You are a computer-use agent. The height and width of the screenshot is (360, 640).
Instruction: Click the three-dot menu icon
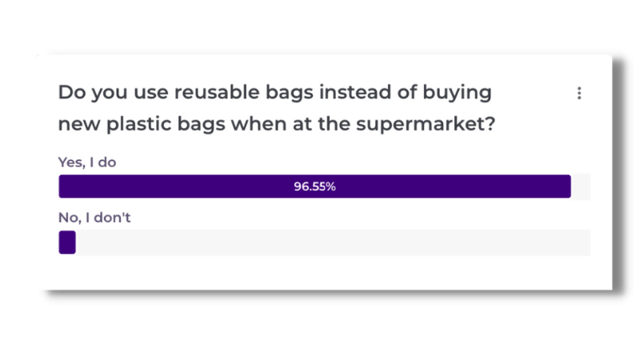(579, 93)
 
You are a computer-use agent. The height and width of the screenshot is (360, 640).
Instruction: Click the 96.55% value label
(314, 186)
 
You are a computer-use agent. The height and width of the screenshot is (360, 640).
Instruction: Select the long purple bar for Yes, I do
(314, 186)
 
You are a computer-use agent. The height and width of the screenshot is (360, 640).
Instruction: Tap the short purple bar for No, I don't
(67, 242)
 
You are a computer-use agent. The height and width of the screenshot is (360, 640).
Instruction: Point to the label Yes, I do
(87, 162)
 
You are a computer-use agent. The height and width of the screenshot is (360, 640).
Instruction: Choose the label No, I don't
(94, 218)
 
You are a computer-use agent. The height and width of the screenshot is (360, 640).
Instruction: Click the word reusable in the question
(217, 92)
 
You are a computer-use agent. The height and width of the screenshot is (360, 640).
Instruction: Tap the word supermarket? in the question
(426, 124)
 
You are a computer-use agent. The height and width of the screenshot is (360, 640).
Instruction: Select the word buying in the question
(457, 93)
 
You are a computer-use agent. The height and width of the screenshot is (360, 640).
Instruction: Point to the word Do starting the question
(72, 92)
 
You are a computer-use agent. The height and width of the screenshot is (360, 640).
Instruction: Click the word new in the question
(79, 125)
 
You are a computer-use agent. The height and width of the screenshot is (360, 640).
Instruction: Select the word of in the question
(407, 92)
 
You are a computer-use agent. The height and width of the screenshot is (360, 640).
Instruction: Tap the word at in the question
(302, 125)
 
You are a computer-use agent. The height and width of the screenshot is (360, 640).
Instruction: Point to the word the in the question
(334, 124)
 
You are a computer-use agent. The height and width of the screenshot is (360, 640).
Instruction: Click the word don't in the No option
(112, 218)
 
